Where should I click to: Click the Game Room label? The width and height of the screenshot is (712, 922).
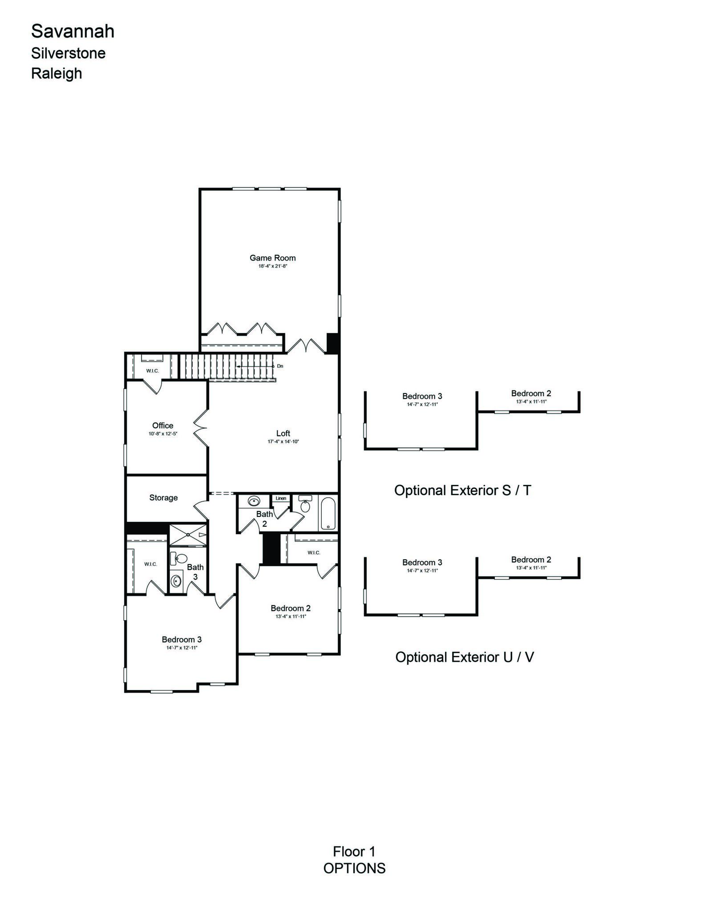coord(272,258)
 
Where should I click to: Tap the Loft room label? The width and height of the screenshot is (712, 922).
coord(283,433)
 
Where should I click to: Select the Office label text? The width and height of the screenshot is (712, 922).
coord(163,426)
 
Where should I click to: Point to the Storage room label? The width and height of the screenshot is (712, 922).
coord(163,498)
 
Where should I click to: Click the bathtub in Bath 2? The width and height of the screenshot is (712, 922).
coord(328,513)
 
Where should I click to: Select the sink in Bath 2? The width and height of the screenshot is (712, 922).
coord(253,501)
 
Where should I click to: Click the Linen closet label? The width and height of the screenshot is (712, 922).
coord(281,498)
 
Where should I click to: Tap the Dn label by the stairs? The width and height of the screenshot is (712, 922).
coord(280,366)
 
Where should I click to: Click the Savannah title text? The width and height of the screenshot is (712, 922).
coord(73,31)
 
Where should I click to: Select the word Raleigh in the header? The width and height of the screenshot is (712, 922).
coord(57,73)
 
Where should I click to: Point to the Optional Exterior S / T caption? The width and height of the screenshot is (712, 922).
coord(463,490)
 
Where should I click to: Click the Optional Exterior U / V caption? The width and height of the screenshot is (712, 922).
coord(465,657)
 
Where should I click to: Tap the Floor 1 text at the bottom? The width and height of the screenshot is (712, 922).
coord(354,852)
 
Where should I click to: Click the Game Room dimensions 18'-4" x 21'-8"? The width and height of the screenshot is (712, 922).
coord(272,266)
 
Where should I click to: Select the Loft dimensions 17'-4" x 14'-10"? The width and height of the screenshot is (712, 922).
coord(283,442)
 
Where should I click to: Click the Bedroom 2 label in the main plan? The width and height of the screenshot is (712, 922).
coord(291,608)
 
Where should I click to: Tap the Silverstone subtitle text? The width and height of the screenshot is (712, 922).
coord(68,53)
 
